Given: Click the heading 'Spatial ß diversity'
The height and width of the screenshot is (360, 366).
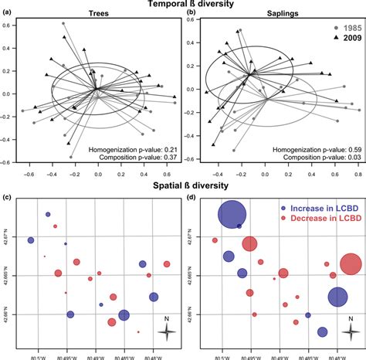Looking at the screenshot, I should click(184, 186).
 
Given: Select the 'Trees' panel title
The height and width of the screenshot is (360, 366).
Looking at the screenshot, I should click(98, 16).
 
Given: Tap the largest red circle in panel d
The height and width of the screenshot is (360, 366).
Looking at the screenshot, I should click(351, 265).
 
